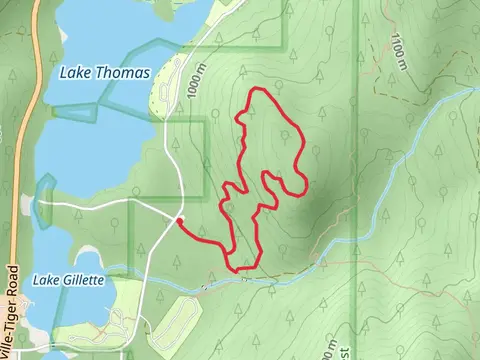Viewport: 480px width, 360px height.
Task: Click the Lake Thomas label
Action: coord(104,73)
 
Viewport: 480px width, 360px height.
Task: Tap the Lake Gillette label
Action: coord(69,280)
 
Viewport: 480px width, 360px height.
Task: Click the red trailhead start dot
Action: coord(179,221)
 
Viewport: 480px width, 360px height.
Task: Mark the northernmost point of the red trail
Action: coord(259,91)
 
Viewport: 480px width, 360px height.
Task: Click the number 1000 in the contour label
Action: coord(186,80)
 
